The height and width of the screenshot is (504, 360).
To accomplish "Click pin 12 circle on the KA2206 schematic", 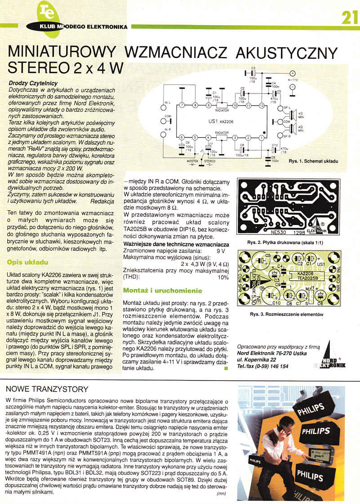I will (261, 105).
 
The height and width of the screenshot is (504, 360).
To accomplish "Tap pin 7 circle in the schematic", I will (182, 105).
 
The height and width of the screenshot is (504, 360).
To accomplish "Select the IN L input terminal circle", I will (164, 108).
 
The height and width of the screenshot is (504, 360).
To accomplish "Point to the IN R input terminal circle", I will (164, 134).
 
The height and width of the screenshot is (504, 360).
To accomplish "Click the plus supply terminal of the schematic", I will (292, 74).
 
